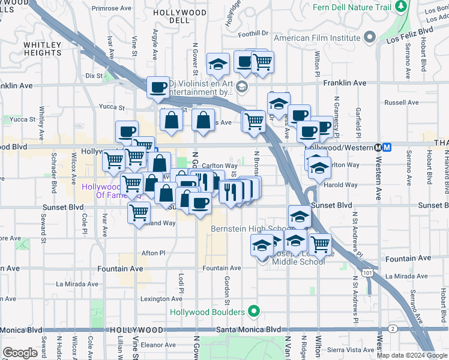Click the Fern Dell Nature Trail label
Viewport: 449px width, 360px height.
click(352, 7)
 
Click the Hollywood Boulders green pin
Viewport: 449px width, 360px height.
click(254, 311)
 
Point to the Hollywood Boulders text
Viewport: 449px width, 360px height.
click(207, 312)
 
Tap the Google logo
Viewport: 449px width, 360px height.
click(20, 353)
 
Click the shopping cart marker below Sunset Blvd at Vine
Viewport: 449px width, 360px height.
click(139, 211)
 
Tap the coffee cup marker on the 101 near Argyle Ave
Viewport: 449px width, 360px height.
click(158, 86)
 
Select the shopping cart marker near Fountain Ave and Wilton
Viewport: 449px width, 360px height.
click(320, 243)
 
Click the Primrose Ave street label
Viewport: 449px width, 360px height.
click(112, 9)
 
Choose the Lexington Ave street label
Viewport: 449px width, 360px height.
click(161, 299)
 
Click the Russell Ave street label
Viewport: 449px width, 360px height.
click(402, 103)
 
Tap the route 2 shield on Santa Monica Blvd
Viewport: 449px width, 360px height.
click(392, 329)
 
